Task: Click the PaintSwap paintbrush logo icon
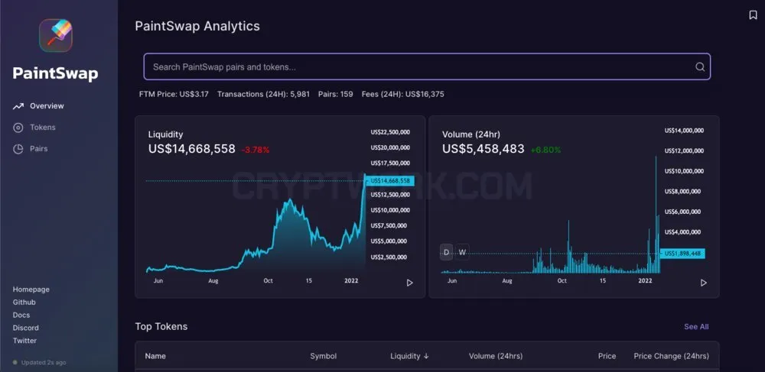coord(56,36)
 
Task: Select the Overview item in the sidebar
coord(47,105)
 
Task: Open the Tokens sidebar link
coord(42,127)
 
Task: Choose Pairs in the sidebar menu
coord(38,148)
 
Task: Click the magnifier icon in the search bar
coord(700,66)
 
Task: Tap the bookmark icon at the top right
coord(753,15)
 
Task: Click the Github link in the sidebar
coord(24,302)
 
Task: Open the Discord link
coord(25,328)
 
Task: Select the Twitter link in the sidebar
coord(24,341)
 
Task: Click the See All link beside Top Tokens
coord(696,327)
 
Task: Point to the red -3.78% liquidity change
coord(256,150)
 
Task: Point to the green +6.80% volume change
coord(545,150)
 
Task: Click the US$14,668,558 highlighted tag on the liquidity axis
coord(390,180)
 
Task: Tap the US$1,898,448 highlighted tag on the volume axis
coord(682,253)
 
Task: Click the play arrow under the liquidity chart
coord(410,283)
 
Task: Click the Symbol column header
coord(324,356)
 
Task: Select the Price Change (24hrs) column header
coord(672,356)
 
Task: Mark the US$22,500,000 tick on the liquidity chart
coord(390,131)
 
